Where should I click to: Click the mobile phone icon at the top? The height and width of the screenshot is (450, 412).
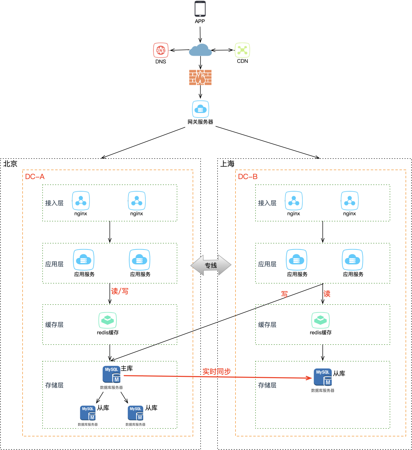(200, 9)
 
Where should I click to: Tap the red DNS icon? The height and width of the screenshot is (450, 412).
(161, 50)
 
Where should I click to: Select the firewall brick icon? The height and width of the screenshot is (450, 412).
(200, 77)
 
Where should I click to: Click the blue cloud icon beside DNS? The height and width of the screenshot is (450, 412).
(200, 50)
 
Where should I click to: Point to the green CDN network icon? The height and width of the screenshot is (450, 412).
(242, 50)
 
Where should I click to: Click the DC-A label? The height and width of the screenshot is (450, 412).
(35, 177)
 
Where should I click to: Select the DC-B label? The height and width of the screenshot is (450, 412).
(248, 177)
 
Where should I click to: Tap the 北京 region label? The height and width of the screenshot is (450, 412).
(10, 164)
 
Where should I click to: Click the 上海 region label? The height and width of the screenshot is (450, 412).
(227, 164)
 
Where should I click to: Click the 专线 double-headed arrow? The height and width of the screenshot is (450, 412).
(211, 265)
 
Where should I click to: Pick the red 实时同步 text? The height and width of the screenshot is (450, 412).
(217, 371)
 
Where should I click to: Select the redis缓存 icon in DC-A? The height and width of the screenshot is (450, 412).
(107, 320)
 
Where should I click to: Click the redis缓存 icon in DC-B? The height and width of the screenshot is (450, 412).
(320, 320)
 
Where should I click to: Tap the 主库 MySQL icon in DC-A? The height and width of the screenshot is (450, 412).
(112, 375)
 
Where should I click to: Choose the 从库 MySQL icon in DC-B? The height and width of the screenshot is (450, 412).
(323, 377)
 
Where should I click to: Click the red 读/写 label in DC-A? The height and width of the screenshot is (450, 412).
(120, 291)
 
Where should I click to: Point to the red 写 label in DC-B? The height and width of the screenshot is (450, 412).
(284, 294)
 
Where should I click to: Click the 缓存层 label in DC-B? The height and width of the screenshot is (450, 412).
(267, 325)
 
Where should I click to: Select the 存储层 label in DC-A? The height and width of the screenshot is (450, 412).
(54, 385)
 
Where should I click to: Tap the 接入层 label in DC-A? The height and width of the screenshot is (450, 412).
(54, 203)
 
